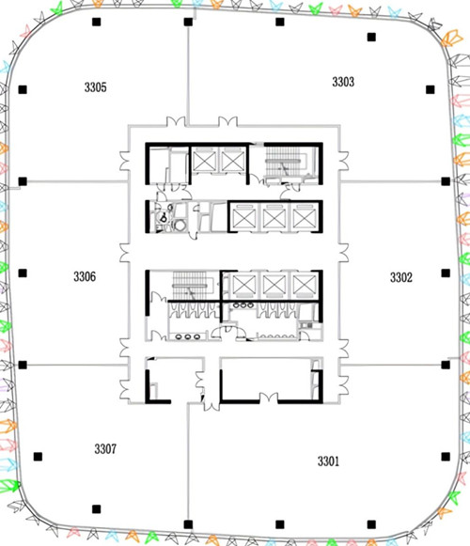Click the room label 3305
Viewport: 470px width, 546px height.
(x=96, y=87)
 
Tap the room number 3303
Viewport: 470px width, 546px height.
(x=343, y=82)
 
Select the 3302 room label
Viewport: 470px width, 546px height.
(x=401, y=277)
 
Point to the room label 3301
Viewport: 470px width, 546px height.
(x=328, y=461)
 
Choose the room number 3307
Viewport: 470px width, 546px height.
(x=105, y=449)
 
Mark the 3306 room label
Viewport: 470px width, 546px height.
(x=85, y=277)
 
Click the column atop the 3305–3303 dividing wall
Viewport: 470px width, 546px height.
(x=188, y=22)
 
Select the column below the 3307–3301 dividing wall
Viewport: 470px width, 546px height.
(x=188, y=524)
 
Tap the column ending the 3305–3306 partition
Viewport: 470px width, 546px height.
(x=23, y=181)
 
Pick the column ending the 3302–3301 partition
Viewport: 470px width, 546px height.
(x=446, y=365)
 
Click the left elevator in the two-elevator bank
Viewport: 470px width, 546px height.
(x=205, y=161)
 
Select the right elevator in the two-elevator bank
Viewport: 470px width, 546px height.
(x=232, y=161)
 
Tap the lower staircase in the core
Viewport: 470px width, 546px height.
(x=190, y=286)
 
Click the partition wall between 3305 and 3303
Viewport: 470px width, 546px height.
(x=188, y=75)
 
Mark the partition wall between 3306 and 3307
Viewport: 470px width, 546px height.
(x=74, y=366)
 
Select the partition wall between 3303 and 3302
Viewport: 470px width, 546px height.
(x=391, y=181)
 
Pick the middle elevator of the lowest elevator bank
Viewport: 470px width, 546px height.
(x=274, y=286)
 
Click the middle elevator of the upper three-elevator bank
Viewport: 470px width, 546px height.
(x=274, y=218)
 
